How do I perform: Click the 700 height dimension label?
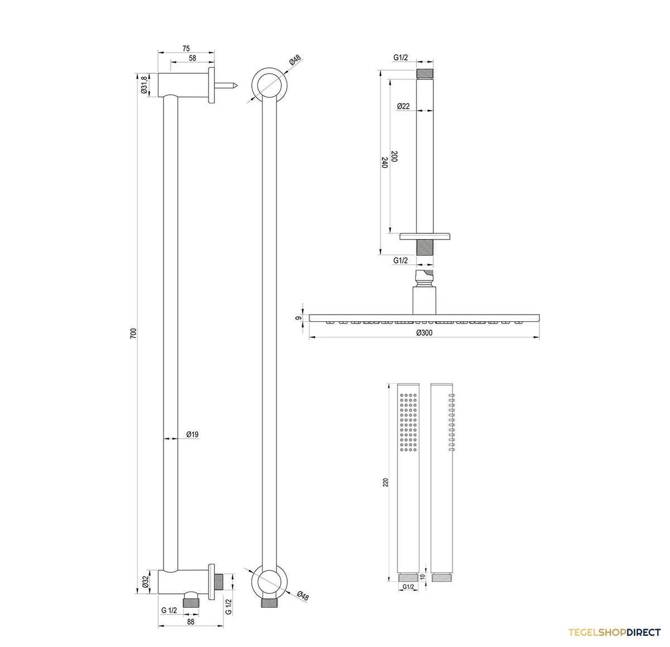click(x=133, y=333)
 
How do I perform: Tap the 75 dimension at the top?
click(x=186, y=49)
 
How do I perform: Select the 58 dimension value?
click(x=193, y=58)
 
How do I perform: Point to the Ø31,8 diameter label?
click(x=144, y=84)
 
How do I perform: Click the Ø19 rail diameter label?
click(x=193, y=435)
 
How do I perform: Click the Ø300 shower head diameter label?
click(x=424, y=332)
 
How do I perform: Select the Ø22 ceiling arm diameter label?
click(x=403, y=106)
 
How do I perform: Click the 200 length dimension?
click(x=395, y=156)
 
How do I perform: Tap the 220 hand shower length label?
click(x=386, y=482)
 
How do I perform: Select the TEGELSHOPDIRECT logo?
click(x=614, y=632)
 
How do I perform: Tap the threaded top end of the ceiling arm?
click(x=425, y=74)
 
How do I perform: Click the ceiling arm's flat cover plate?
click(x=425, y=236)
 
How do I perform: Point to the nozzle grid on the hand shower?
click(x=409, y=422)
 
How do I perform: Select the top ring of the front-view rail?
click(x=269, y=85)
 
